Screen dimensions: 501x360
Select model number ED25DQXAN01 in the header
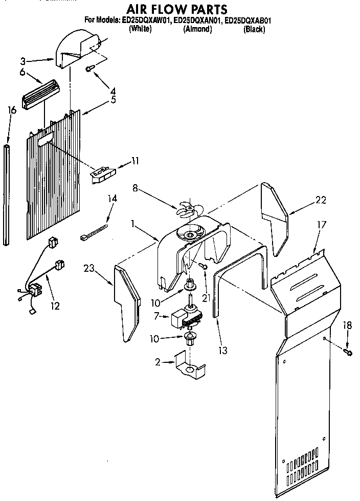[197, 21]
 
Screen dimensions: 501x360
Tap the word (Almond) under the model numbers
[197, 29]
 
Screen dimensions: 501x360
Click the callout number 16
[12, 110]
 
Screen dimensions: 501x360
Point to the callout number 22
[320, 200]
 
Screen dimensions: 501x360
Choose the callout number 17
[321, 224]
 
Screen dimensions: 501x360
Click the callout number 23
[89, 268]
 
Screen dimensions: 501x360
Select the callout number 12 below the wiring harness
[55, 306]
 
